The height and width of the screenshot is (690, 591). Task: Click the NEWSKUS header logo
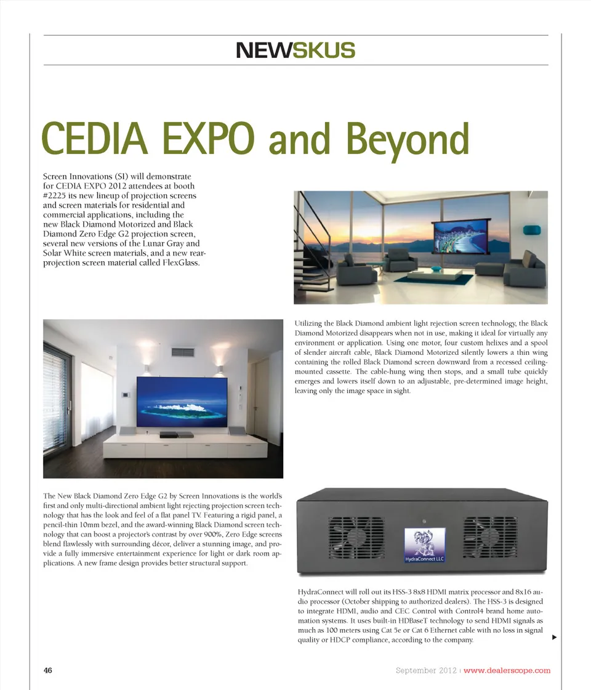coord(295,50)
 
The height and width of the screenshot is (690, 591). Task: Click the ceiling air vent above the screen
coord(183,352)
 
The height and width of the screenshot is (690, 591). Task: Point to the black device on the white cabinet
coord(168,435)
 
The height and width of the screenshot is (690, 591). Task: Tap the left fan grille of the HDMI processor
coord(356,538)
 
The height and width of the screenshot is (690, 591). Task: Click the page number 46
coord(48,670)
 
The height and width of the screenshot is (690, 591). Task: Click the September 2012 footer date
coord(427,670)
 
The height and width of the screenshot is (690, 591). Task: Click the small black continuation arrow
coord(555,637)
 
